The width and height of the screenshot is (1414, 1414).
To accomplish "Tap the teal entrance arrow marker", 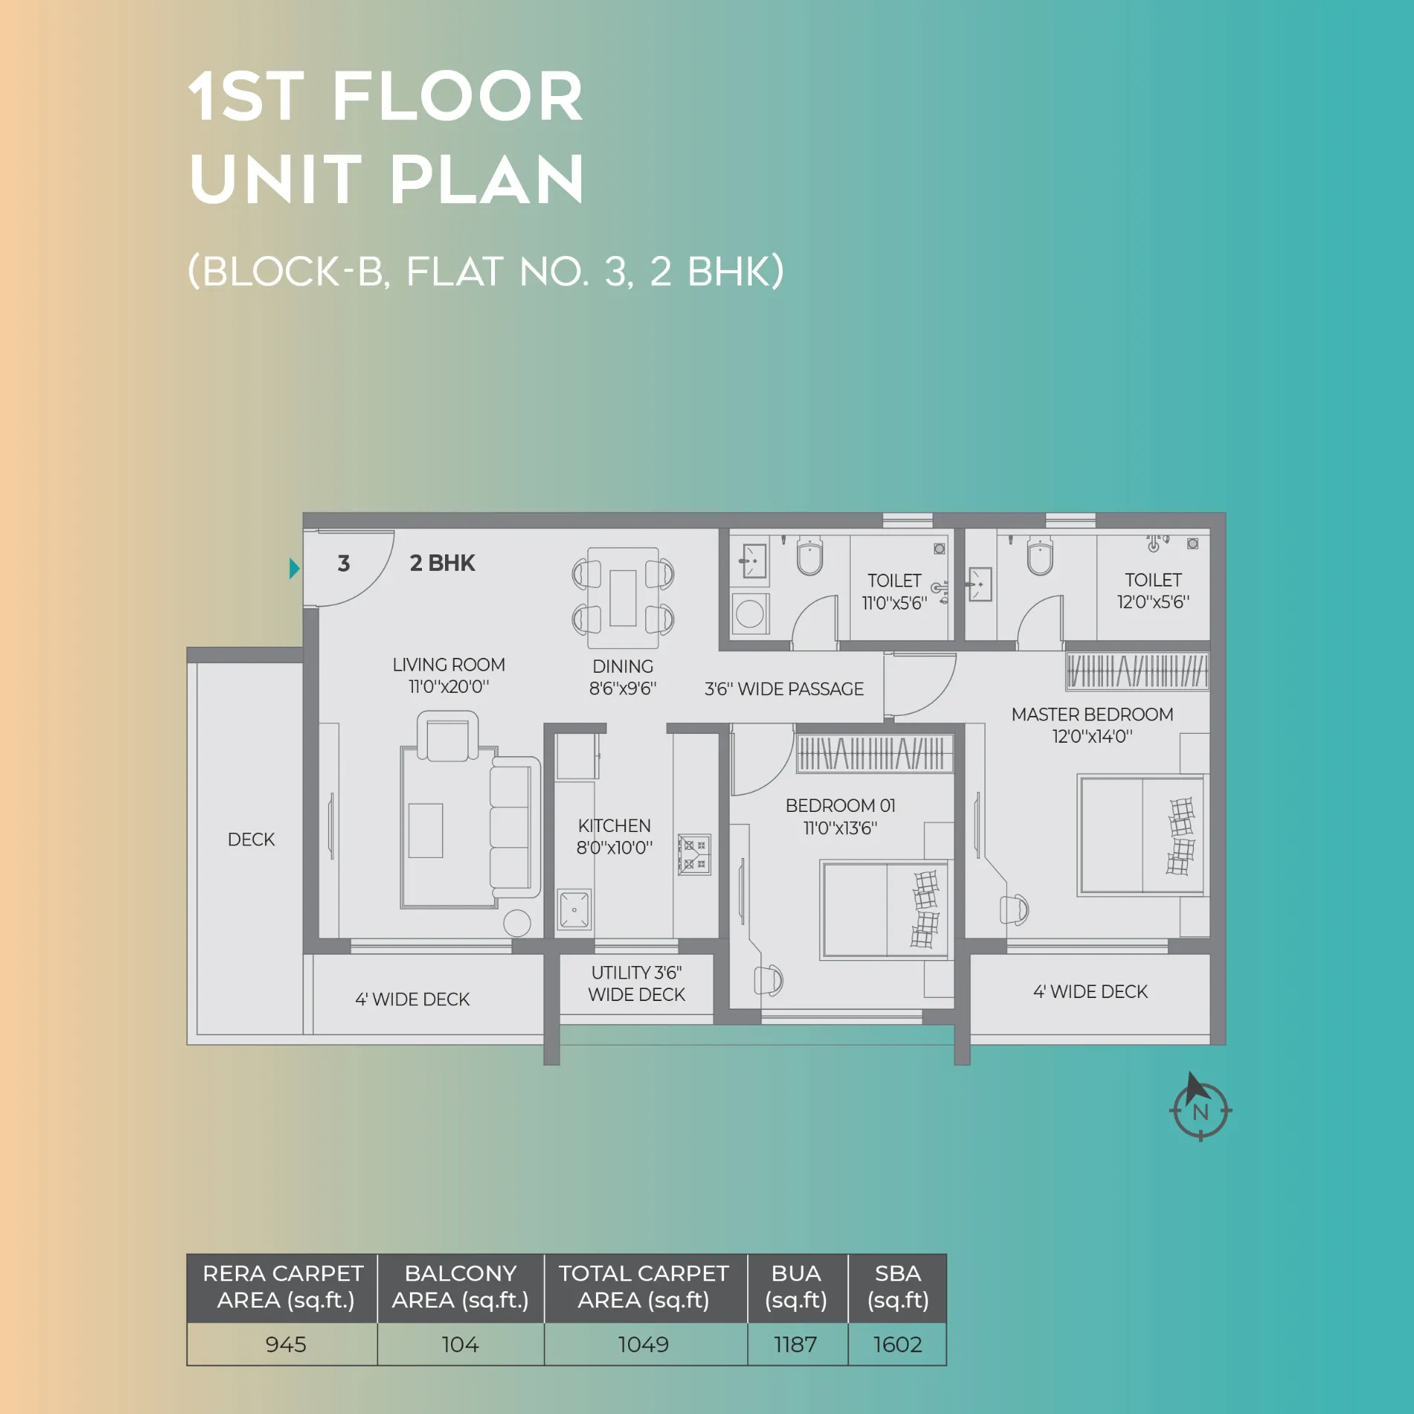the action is (294, 569).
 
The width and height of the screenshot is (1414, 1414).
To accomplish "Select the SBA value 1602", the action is (898, 1344).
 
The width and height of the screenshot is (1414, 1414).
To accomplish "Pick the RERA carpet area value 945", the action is (286, 1344).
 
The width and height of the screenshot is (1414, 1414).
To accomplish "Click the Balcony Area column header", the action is (461, 1287).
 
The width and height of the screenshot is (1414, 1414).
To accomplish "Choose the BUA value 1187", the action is (796, 1344).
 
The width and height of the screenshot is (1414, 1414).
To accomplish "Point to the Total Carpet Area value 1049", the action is (644, 1344).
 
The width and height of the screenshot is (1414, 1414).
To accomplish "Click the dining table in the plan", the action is (623, 598).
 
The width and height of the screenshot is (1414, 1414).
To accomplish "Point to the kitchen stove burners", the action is (694, 854).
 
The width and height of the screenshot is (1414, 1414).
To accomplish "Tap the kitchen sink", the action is (575, 909).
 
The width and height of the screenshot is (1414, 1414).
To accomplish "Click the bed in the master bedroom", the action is (1141, 835).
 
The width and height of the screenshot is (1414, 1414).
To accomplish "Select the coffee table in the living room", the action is (426, 831).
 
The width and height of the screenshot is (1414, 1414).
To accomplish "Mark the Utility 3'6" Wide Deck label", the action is (637, 983).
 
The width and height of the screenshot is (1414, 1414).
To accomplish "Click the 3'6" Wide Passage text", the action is (784, 688).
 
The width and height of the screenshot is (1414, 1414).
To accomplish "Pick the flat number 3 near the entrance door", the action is (344, 563).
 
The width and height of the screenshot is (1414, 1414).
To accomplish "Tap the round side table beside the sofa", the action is (517, 924).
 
